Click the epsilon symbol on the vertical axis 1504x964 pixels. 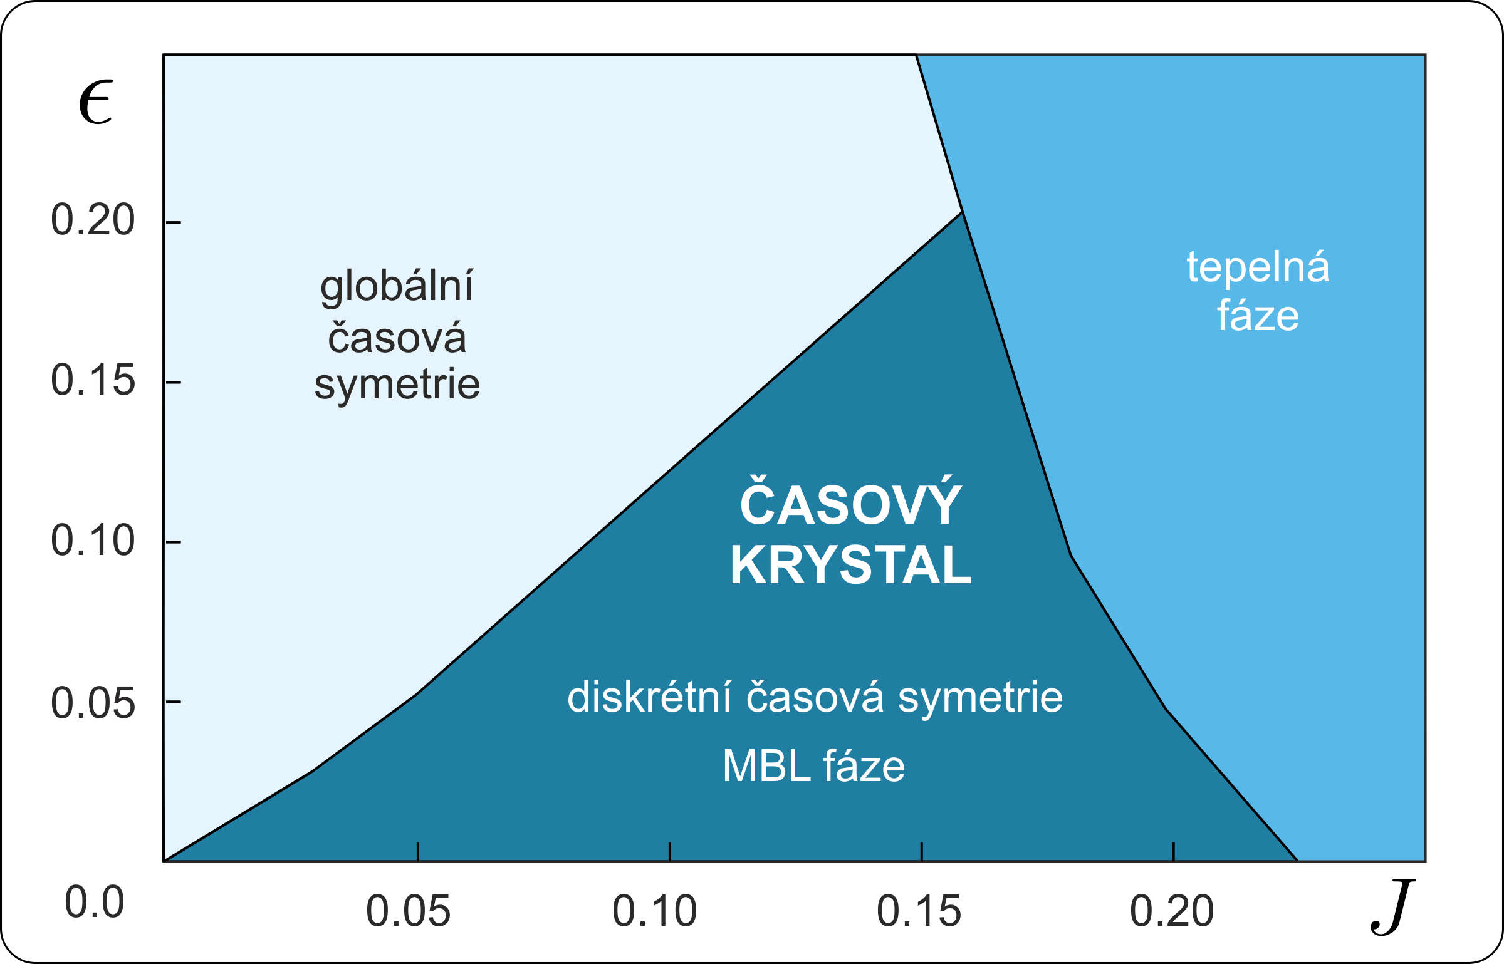click(x=95, y=102)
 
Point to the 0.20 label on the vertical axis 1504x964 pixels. click(x=93, y=220)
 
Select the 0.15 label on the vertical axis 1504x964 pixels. click(x=93, y=380)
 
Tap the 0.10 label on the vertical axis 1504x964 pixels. click(x=93, y=541)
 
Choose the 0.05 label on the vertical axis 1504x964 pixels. click(x=93, y=702)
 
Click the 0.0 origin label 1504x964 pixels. click(x=95, y=903)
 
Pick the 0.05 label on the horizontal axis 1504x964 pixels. click(x=409, y=911)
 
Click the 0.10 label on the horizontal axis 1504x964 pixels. click(x=655, y=911)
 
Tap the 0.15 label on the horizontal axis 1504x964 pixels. click(x=919, y=911)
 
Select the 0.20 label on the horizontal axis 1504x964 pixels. click(x=1172, y=911)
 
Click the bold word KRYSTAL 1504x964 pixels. click(x=851, y=565)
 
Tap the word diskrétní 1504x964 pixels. click(x=649, y=697)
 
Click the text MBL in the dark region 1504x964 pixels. click(x=768, y=766)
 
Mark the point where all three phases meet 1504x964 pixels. click(x=962, y=212)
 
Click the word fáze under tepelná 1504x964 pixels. click(x=1258, y=315)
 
